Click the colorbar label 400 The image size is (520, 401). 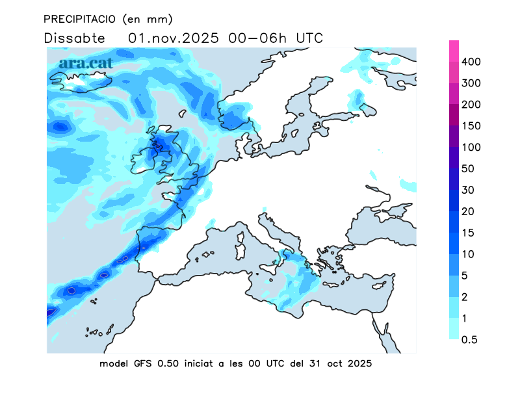[471, 62]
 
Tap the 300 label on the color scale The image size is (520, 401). [471, 83]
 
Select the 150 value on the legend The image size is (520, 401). [471, 126]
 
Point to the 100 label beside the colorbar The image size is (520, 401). [471, 148]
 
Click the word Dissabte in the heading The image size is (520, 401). [74, 38]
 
